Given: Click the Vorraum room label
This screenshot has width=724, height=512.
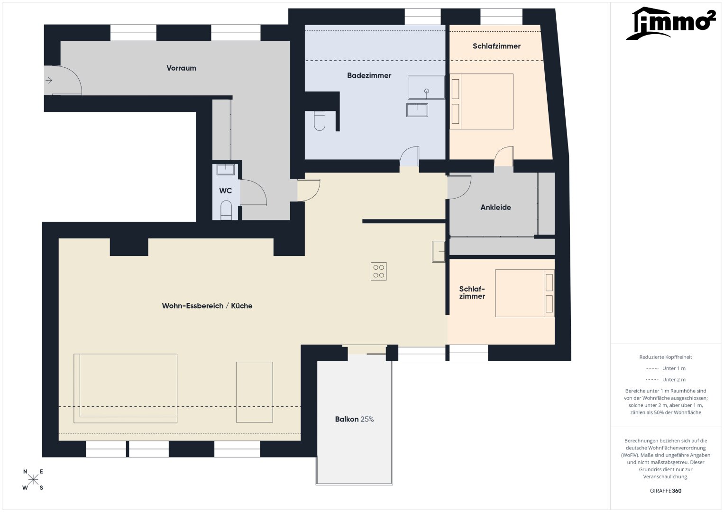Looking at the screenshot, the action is [x=181, y=68].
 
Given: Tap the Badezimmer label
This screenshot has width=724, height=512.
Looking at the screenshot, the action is [x=369, y=75].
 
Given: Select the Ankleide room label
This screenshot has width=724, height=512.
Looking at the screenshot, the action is [x=495, y=207].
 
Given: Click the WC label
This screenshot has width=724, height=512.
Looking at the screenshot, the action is [x=225, y=191].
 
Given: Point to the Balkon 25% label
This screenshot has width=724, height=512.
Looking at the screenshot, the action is [x=354, y=419].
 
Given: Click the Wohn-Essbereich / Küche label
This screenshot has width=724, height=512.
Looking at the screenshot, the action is [x=207, y=305].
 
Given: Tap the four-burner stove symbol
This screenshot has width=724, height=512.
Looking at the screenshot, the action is [x=378, y=271].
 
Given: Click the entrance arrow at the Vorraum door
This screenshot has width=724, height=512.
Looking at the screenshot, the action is [x=49, y=80].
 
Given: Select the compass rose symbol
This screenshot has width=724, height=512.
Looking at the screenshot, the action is [x=33, y=479].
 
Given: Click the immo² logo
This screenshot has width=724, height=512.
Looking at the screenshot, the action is [x=671, y=23].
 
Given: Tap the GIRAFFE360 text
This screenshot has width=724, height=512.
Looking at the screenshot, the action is [x=666, y=491].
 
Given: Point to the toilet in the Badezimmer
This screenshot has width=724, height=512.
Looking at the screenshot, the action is [x=320, y=120].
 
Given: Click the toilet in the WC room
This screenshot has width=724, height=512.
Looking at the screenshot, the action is [x=226, y=210].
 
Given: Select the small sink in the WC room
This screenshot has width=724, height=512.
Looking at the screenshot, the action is [x=225, y=169].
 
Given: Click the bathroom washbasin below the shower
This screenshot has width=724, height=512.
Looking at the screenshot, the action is [x=417, y=110].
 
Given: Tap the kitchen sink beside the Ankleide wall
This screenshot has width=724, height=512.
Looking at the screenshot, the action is [x=439, y=251].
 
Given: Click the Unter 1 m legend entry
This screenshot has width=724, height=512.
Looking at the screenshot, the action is [x=666, y=368].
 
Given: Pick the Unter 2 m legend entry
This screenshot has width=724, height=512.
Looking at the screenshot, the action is [x=666, y=379].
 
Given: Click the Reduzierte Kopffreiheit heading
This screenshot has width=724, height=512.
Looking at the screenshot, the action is [x=666, y=357].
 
